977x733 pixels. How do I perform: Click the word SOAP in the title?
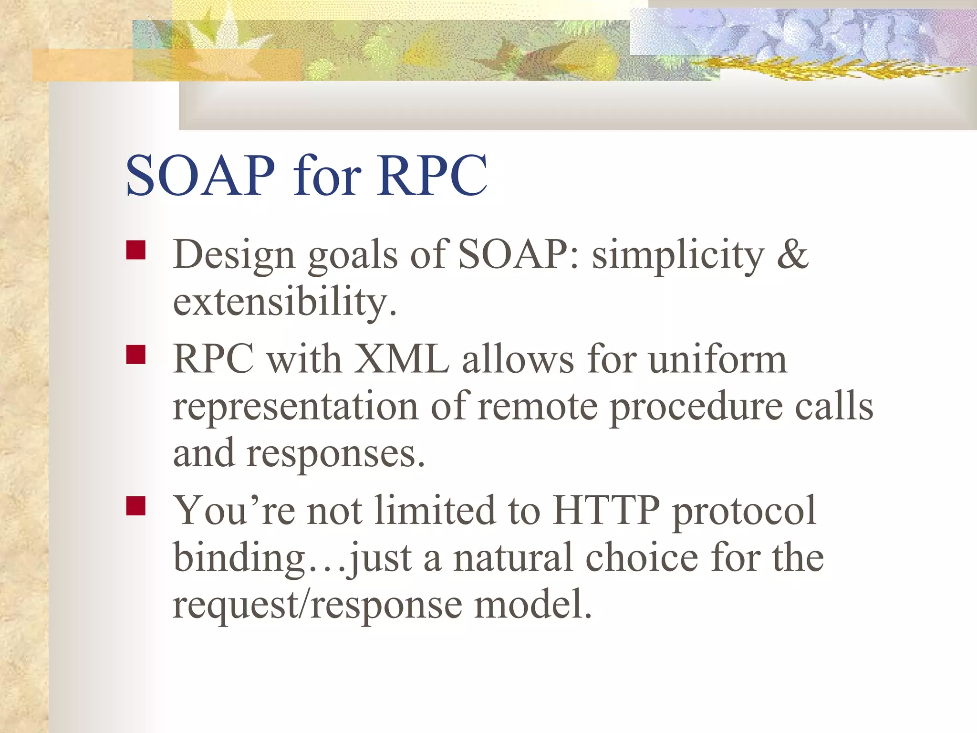point(200,176)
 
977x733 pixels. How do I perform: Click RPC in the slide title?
point(433,176)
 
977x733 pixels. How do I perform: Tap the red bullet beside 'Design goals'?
point(136,250)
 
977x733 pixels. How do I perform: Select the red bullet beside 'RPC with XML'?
point(136,355)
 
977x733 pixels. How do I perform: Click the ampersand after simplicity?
point(792,254)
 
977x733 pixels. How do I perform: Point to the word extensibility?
point(284,302)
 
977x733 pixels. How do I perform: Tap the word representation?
point(295,407)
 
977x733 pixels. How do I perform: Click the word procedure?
point(696,407)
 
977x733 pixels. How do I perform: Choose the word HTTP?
point(606,511)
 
